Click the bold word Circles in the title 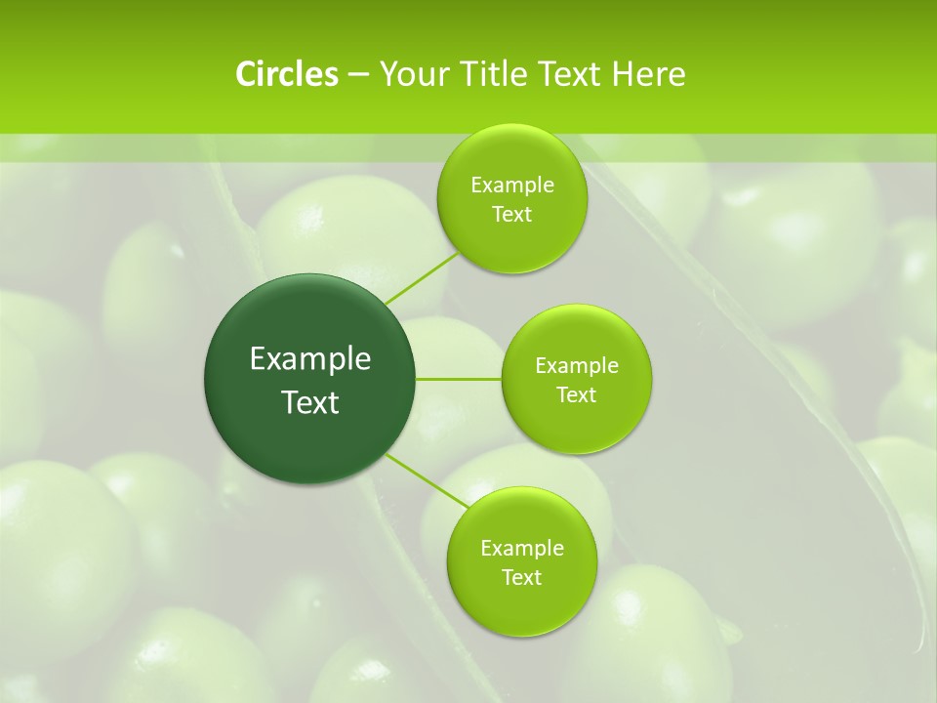click(286, 74)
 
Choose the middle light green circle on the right click(576, 426)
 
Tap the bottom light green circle click(521, 605)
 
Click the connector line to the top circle click(421, 277)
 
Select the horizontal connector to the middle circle click(459, 379)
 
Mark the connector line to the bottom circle click(426, 480)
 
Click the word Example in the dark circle click(310, 359)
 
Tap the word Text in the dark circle click(310, 402)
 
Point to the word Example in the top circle click(511, 186)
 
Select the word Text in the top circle click(511, 215)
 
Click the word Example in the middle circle click(576, 366)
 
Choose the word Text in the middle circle click(576, 395)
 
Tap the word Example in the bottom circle click(521, 549)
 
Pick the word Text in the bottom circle click(521, 578)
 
